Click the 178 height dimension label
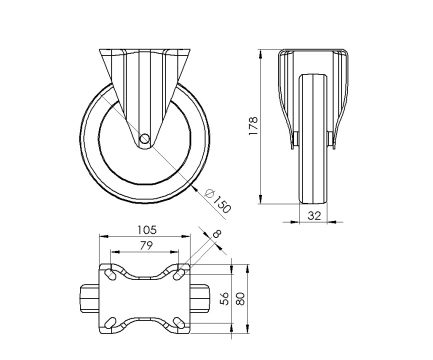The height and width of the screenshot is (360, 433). click(x=253, y=125)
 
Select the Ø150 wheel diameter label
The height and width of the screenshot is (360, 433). click(x=218, y=201)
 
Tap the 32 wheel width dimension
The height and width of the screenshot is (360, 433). click(x=314, y=216)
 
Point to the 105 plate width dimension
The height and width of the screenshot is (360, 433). click(x=147, y=230)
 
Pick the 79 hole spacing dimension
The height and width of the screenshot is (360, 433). click(x=146, y=246)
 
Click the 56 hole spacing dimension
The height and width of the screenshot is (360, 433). click(x=225, y=298)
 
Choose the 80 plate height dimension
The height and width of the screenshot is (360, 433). click(x=240, y=298)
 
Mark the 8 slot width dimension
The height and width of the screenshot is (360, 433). click(x=216, y=234)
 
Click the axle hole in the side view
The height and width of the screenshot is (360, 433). click(x=144, y=138)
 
